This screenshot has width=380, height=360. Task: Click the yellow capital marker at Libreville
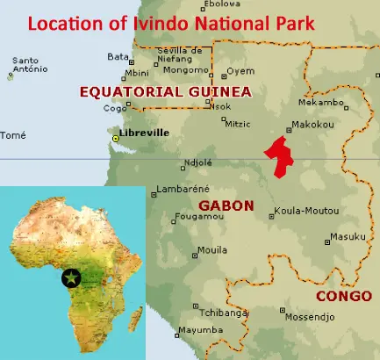point(116,138)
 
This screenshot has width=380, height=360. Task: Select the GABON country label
point(226,205)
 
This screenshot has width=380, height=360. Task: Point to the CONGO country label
point(338,295)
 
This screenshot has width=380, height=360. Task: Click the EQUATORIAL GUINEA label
point(165,90)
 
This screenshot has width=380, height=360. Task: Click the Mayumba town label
point(197,330)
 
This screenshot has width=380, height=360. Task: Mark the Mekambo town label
point(327,102)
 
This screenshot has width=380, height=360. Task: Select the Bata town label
point(116,56)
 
